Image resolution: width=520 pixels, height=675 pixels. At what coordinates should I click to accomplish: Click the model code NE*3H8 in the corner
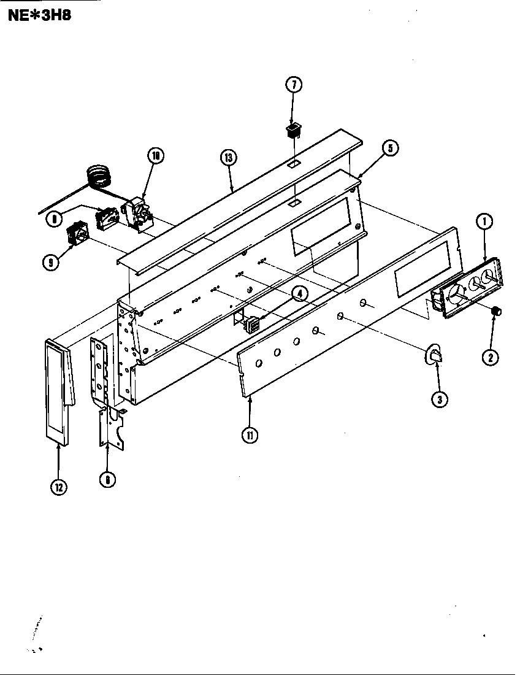click(x=39, y=15)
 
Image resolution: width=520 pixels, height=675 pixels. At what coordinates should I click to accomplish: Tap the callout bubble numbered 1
click(x=484, y=222)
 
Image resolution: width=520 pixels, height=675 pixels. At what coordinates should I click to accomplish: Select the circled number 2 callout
click(x=489, y=357)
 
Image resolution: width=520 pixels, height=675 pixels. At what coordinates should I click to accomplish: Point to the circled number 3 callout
click(x=438, y=399)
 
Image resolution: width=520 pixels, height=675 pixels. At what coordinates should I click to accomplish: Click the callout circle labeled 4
click(x=299, y=295)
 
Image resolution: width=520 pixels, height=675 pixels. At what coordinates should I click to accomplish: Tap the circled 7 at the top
click(x=293, y=86)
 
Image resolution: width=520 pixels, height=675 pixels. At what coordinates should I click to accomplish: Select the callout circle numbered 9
click(x=51, y=262)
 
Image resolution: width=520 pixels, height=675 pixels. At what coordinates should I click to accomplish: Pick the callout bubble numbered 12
click(x=59, y=487)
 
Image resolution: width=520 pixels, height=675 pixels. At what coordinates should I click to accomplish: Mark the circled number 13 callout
click(x=228, y=158)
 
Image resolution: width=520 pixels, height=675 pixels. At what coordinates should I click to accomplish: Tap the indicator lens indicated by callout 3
click(x=435, y=355)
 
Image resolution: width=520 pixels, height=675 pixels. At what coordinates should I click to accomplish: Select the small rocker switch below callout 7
click(x=293, y=130)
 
